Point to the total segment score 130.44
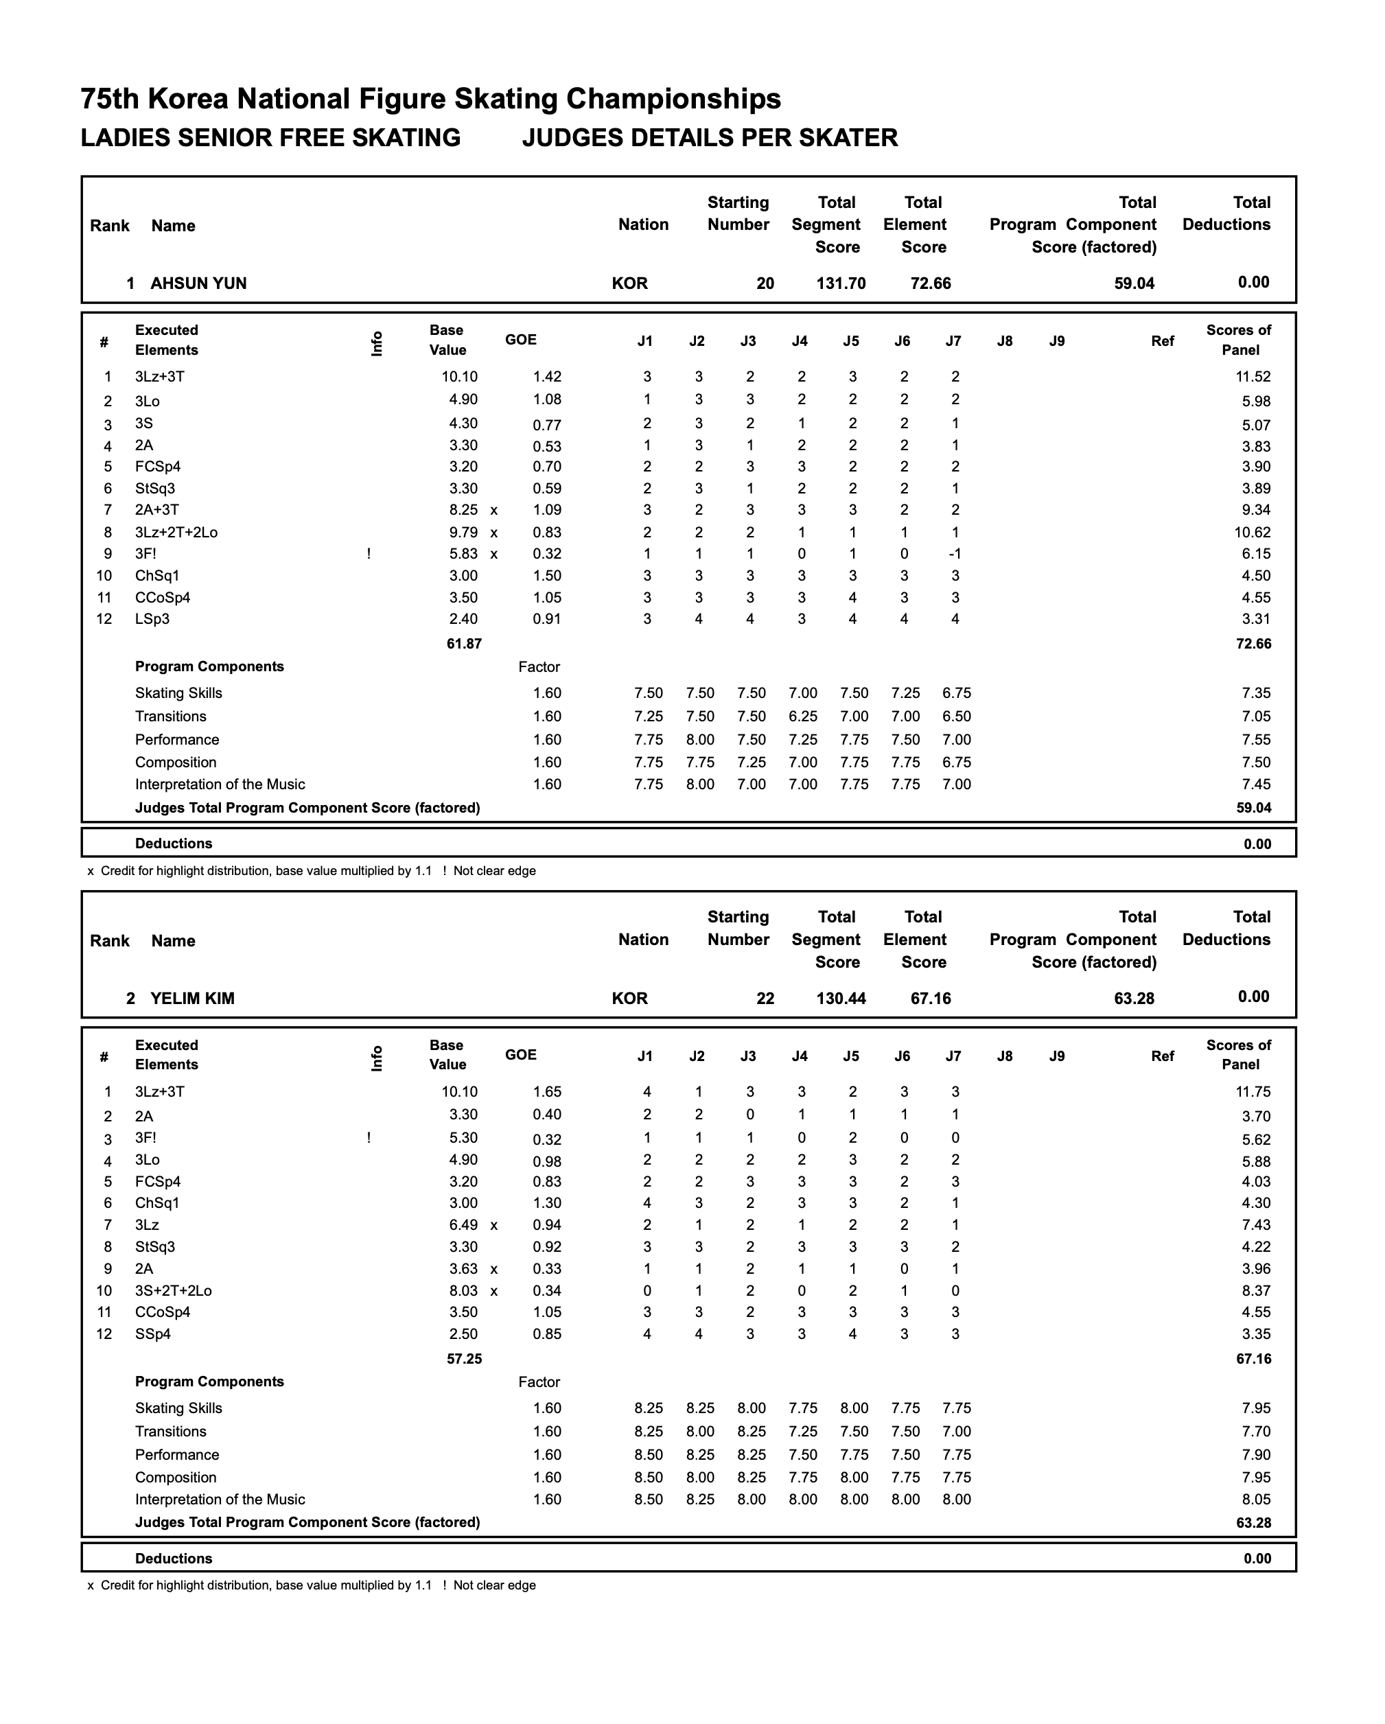click(x=841, y=998)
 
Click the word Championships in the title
click(x=673, y=99)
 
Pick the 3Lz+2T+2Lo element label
click(x=176, y=533)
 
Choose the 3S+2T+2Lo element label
click(x=173, y=1291)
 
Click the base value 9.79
click(x=464, y=533)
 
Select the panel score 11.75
click(x=1253, y=1093)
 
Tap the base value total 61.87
click(x=464, y=644)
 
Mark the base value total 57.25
click(x=464, y=1359)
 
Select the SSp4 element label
click(x=153, y=1333)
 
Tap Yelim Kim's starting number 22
click(x=765, y=998)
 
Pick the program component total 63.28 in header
click(x=1134, y=998)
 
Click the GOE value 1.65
click(x=547, y=1093)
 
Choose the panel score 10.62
click(x=1253, y=533)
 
